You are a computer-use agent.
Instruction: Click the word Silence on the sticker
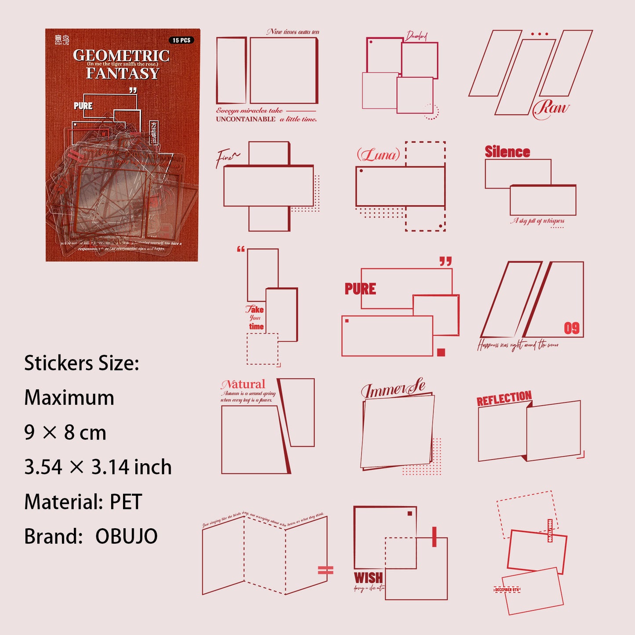point(507,152)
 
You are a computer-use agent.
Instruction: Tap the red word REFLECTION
point(504,399)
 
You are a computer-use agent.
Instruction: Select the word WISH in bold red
point(368,577)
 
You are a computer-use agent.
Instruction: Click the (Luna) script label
point(378,155)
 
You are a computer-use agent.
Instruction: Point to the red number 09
point(572,328)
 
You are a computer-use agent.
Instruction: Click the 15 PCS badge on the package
point(181,40)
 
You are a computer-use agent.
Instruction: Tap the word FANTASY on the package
point(123,73)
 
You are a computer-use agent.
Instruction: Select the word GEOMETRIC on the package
point(121,55)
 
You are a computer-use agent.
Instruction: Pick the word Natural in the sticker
point(243,384)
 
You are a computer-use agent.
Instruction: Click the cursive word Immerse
point(393,389)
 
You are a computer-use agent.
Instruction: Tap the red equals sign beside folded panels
point(326,570)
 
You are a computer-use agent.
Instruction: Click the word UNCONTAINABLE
point(246,119)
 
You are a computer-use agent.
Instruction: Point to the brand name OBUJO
point(127,537)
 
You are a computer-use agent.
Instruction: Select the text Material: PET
point(83,502)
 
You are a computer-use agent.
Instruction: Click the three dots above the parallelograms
point(539,34)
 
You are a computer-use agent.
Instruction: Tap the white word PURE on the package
point(83,106)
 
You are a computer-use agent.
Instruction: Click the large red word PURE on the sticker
point(360,289)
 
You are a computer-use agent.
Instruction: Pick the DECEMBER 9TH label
point(507,589)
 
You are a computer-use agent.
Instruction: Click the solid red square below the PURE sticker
point(441,352)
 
